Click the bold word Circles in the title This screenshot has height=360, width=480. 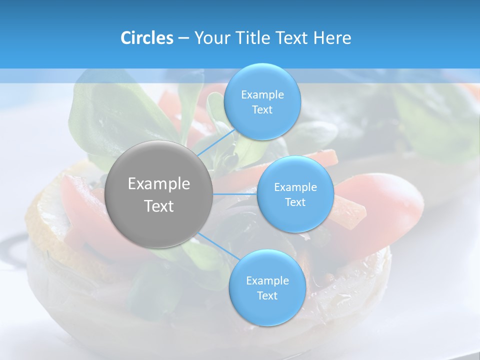click(146, 38)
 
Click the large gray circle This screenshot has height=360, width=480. click(159, 194)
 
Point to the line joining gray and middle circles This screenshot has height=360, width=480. click(235, 194)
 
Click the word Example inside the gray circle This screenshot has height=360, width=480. click(159, 184)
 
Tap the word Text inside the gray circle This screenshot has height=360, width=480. click(159, 206)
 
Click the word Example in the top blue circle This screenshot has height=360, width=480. click(262, 95)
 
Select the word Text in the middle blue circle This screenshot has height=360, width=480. click(295, 202)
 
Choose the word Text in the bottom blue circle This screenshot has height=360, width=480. click(267, 295)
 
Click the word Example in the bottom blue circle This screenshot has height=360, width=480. click(267, 281)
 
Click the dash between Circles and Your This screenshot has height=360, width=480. click(183, 38)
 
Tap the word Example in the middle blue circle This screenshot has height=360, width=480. click(295, 187)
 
